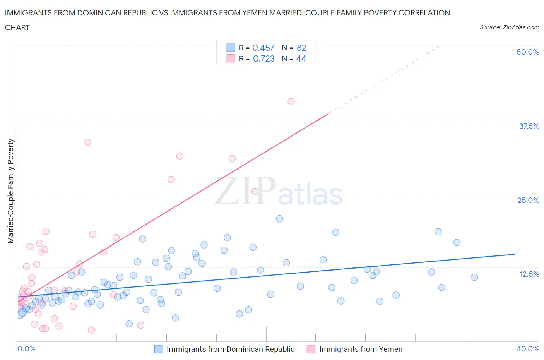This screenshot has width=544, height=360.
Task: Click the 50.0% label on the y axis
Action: (528, 52)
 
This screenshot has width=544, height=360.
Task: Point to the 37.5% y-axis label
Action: (529, 126)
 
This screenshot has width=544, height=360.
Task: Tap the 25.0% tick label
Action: (528, 200)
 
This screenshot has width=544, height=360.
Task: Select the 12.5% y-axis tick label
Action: (529, 274)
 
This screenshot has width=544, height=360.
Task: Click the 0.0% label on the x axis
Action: (26, 349)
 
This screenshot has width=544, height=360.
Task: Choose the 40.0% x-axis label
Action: (528, 349)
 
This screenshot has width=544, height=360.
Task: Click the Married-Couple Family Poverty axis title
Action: (11, 191)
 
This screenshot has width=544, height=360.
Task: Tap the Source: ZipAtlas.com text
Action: (509, 27)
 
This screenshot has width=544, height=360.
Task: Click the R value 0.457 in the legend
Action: (263, 48)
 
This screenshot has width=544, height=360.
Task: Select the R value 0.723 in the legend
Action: (263, 58)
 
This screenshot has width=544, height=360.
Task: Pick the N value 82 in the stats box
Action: (301, 48)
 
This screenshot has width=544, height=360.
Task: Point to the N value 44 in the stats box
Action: (301, 58)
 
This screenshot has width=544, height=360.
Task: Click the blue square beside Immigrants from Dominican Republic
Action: (159, 349)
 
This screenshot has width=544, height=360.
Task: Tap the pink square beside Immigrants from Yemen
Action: (311, 349)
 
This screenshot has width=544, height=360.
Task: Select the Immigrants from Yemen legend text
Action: (361, 349)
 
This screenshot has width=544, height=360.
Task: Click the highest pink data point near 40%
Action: (291, 101)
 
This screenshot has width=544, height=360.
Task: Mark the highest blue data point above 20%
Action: (279, 219)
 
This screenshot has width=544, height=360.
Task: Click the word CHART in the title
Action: (17, 27)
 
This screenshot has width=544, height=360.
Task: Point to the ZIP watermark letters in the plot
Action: (245, 190)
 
